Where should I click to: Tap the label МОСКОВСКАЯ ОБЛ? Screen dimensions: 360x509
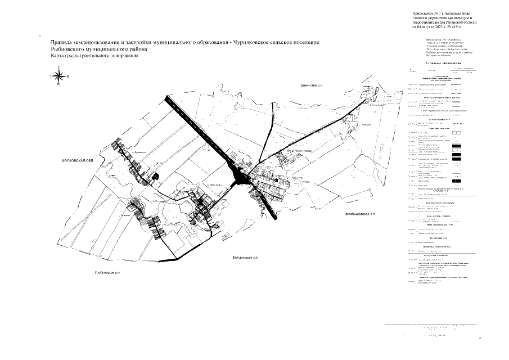(78, 161)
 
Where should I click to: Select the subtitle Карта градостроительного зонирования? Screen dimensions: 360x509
(93, 56)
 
